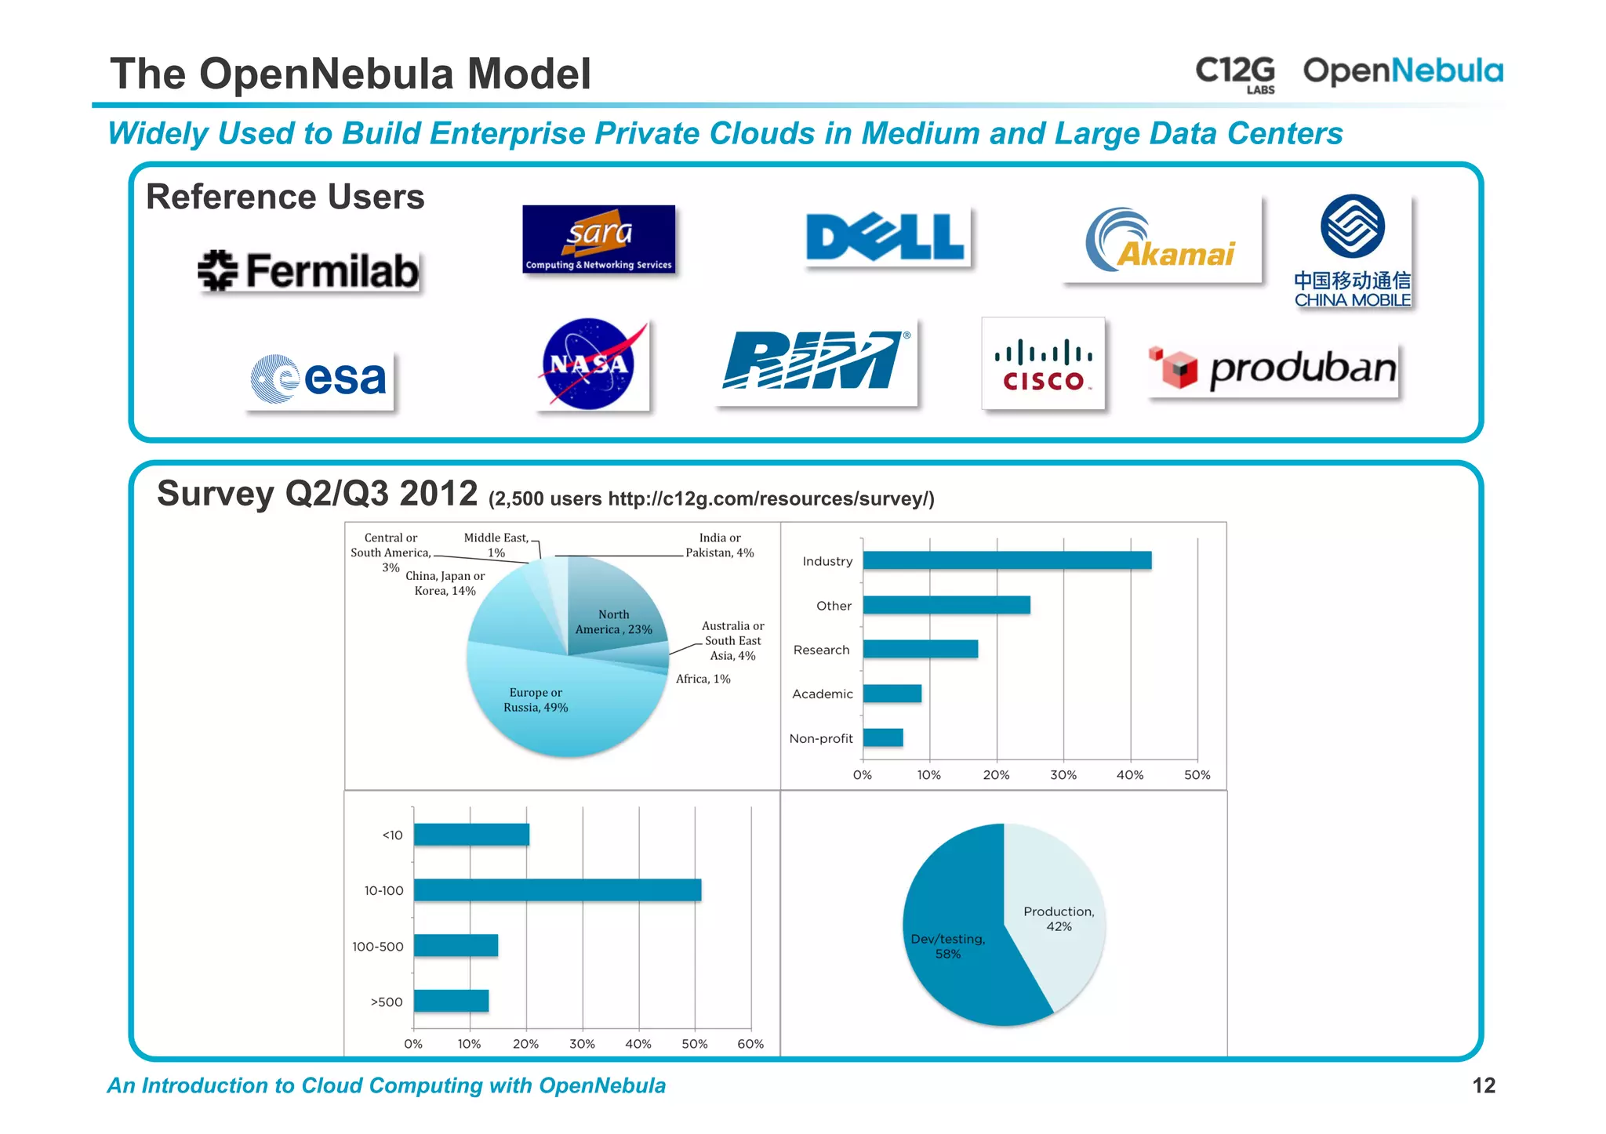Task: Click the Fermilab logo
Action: pos(308,271)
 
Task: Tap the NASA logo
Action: pos(590,364)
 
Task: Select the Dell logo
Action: pos(885,237)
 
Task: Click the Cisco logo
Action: pos(1043,364)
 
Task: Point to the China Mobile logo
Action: pos(1352,251)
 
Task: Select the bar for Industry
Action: pos(1007,560)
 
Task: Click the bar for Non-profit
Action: pos(883,737)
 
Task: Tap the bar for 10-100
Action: pos(558,890)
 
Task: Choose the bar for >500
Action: pos(451,1001)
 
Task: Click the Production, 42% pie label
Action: pos(1059,918)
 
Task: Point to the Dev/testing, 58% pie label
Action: pos(948,946)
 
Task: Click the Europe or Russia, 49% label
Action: pos(536,700)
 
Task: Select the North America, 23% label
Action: pos(613,622)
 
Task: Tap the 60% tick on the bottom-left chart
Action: pos(750,1044)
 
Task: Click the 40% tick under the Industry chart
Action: pos(1130,775)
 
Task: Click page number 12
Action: pos(1483,1085)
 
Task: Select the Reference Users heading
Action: pos(285,197)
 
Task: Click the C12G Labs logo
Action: pos(1235,74)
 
